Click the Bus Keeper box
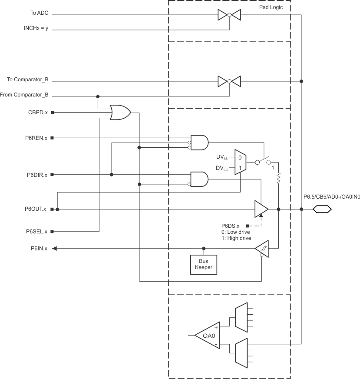pos(203,264)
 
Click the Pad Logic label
pos(271,8)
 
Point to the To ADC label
pos(39,14)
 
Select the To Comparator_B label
pos(28,80)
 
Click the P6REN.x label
pos(36,138)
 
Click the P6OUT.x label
pos(36,209)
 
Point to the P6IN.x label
pos(39,249)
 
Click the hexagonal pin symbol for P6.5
pos(322,209)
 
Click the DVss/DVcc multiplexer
pos(240,162)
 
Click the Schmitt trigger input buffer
pos(261,249)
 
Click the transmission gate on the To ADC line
pos(229,14)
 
